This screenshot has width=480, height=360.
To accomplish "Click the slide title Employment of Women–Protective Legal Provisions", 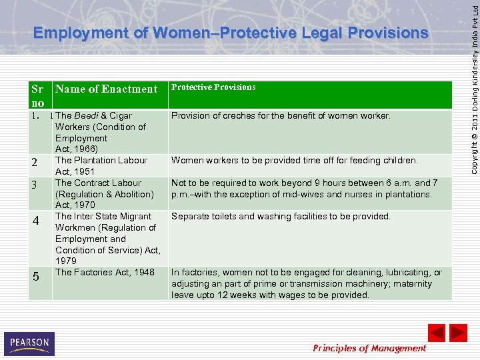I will coord(231,33).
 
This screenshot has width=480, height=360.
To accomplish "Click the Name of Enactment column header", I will coord(106,89).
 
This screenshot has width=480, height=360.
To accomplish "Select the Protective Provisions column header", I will coord(213,87).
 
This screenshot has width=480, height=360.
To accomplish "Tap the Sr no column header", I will coord(37,96).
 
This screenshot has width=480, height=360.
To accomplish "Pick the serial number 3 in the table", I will coord(37,185).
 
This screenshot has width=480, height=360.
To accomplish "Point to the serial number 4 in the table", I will coord(37,221).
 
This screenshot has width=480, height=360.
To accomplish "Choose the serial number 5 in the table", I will coord(37,276).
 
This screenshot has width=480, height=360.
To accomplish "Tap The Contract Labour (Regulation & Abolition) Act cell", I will coord(105,193).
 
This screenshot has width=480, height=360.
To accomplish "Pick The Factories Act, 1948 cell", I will coord(105,272).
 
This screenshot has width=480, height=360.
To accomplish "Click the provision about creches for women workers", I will coord(281,116).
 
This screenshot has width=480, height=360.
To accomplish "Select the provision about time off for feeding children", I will coord(294,160).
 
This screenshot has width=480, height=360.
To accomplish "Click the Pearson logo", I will coord(29,343).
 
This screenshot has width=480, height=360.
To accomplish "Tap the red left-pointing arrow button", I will coord(436,333).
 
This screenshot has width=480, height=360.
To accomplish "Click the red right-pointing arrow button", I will coord(458,333).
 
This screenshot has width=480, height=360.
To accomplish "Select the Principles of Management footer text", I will coord(369,348).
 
